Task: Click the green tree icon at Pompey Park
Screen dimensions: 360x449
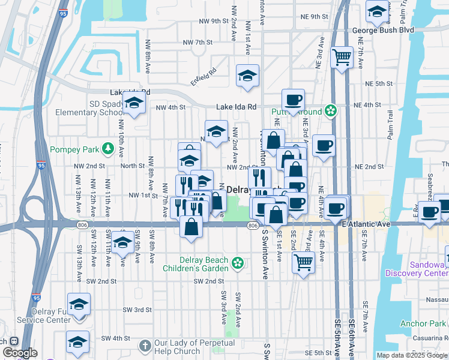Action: point(108,148)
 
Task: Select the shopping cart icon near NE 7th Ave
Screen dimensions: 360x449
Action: point(342,58)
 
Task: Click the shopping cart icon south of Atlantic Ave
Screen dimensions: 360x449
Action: point(304,261)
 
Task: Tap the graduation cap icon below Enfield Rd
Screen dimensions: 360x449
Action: point(247,75)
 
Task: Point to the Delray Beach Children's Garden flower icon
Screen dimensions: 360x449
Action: point(238,262)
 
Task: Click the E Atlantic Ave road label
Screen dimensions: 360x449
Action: point(366,224)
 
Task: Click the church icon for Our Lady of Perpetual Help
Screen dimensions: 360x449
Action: point(145,346)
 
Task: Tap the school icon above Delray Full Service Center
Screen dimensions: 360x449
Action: point(79,304)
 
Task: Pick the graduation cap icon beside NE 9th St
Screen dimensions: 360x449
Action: point(376,11)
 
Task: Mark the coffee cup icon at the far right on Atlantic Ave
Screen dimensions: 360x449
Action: point(430,212)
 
